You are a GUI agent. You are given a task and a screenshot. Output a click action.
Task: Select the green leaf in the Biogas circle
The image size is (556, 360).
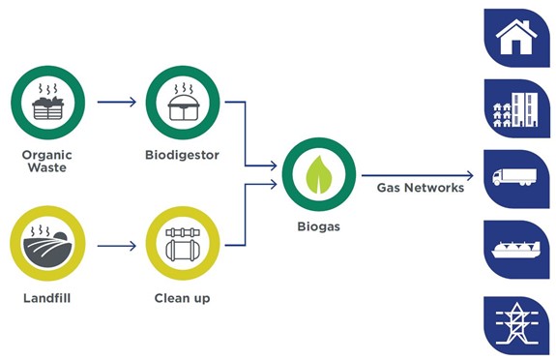319,174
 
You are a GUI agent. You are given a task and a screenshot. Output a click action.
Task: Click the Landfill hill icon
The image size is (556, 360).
48,244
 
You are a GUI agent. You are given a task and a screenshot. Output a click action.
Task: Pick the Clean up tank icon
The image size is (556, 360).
183,244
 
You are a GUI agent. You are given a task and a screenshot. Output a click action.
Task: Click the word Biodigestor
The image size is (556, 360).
182,155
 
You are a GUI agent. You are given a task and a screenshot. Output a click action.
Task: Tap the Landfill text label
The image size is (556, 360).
47,298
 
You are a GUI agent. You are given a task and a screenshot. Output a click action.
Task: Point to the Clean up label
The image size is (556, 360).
182,298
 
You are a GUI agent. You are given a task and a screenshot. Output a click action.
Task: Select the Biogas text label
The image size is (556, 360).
319,226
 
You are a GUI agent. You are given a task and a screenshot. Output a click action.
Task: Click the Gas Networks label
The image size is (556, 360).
421,188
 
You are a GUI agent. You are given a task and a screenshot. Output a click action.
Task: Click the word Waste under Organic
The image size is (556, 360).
47,167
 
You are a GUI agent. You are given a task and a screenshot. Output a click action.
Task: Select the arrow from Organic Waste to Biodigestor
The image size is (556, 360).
117,102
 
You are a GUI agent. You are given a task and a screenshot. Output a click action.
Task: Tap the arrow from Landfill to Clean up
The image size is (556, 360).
117,246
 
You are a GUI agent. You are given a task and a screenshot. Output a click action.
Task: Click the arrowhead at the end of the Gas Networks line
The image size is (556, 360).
471,175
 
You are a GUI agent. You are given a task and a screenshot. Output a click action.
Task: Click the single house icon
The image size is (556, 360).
516,38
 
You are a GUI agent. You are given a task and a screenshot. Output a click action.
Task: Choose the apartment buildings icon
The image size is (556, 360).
516,109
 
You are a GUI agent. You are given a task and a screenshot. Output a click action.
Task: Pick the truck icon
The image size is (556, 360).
514,177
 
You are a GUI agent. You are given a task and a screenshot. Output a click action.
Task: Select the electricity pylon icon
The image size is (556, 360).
516,324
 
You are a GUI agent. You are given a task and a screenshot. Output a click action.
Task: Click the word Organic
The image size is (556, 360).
47,155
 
